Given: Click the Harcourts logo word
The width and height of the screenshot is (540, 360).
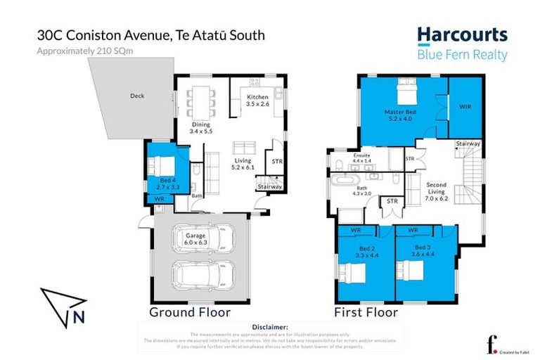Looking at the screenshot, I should pyautogui.click(x=461, y=35).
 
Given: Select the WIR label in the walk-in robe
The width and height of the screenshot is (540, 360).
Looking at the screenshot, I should pyautogui.click(x=465, y=108).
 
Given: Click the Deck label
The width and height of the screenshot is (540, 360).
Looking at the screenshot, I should pyautogui.click(x=136, y=96).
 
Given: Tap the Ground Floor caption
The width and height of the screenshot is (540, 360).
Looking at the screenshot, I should pyautogui.click(x=190, y=312).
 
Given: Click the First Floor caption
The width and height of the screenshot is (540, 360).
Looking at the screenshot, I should pyautogui.click(x=366, y=312).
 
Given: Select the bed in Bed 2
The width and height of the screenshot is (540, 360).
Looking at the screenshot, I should pyautogui.click(x=349, y=271).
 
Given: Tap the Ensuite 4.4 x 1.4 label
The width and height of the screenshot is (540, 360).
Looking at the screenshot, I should pyautogui.click(x=361, y=157).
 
